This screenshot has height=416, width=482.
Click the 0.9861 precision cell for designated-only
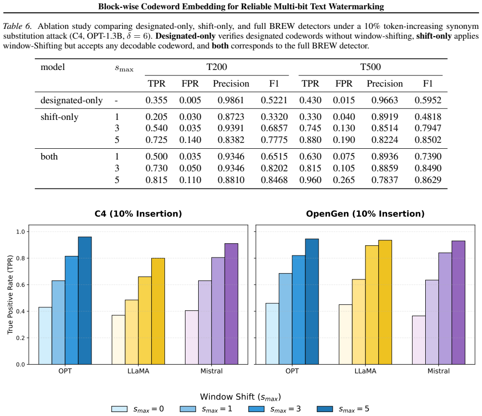[x=230, y=100]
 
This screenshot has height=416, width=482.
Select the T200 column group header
[x=217, y=67]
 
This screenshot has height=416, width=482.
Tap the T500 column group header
[x=370, y=67]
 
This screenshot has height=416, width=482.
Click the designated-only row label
[x=71, y=100]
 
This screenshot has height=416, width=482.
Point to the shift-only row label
[x=59, y=117]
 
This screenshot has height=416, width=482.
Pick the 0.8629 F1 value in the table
[x=428, y=180]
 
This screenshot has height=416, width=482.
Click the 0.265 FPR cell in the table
[x=344, y=180]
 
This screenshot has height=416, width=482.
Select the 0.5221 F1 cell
[x=274, y=100]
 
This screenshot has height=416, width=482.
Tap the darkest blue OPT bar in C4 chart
[x=85, y=300]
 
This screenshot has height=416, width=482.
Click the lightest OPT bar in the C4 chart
[x=45, y=336]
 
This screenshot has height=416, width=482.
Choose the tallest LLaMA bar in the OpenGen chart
[x=385, y=302]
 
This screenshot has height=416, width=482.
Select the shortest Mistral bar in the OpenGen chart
[x=419, y=340]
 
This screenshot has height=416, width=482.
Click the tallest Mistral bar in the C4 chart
[x=231, y=304]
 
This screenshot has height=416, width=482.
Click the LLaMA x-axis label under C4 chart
[x=138, y=371]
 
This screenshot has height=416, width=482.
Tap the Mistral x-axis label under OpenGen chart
[x=438, y=371]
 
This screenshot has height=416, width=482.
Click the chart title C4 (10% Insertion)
[x=138, y=214]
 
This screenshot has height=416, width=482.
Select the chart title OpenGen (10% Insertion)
[x=365, y=214]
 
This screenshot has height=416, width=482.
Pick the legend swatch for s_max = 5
[x=324, y=409]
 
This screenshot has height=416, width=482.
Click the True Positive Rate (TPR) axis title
[x=10, y=295]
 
